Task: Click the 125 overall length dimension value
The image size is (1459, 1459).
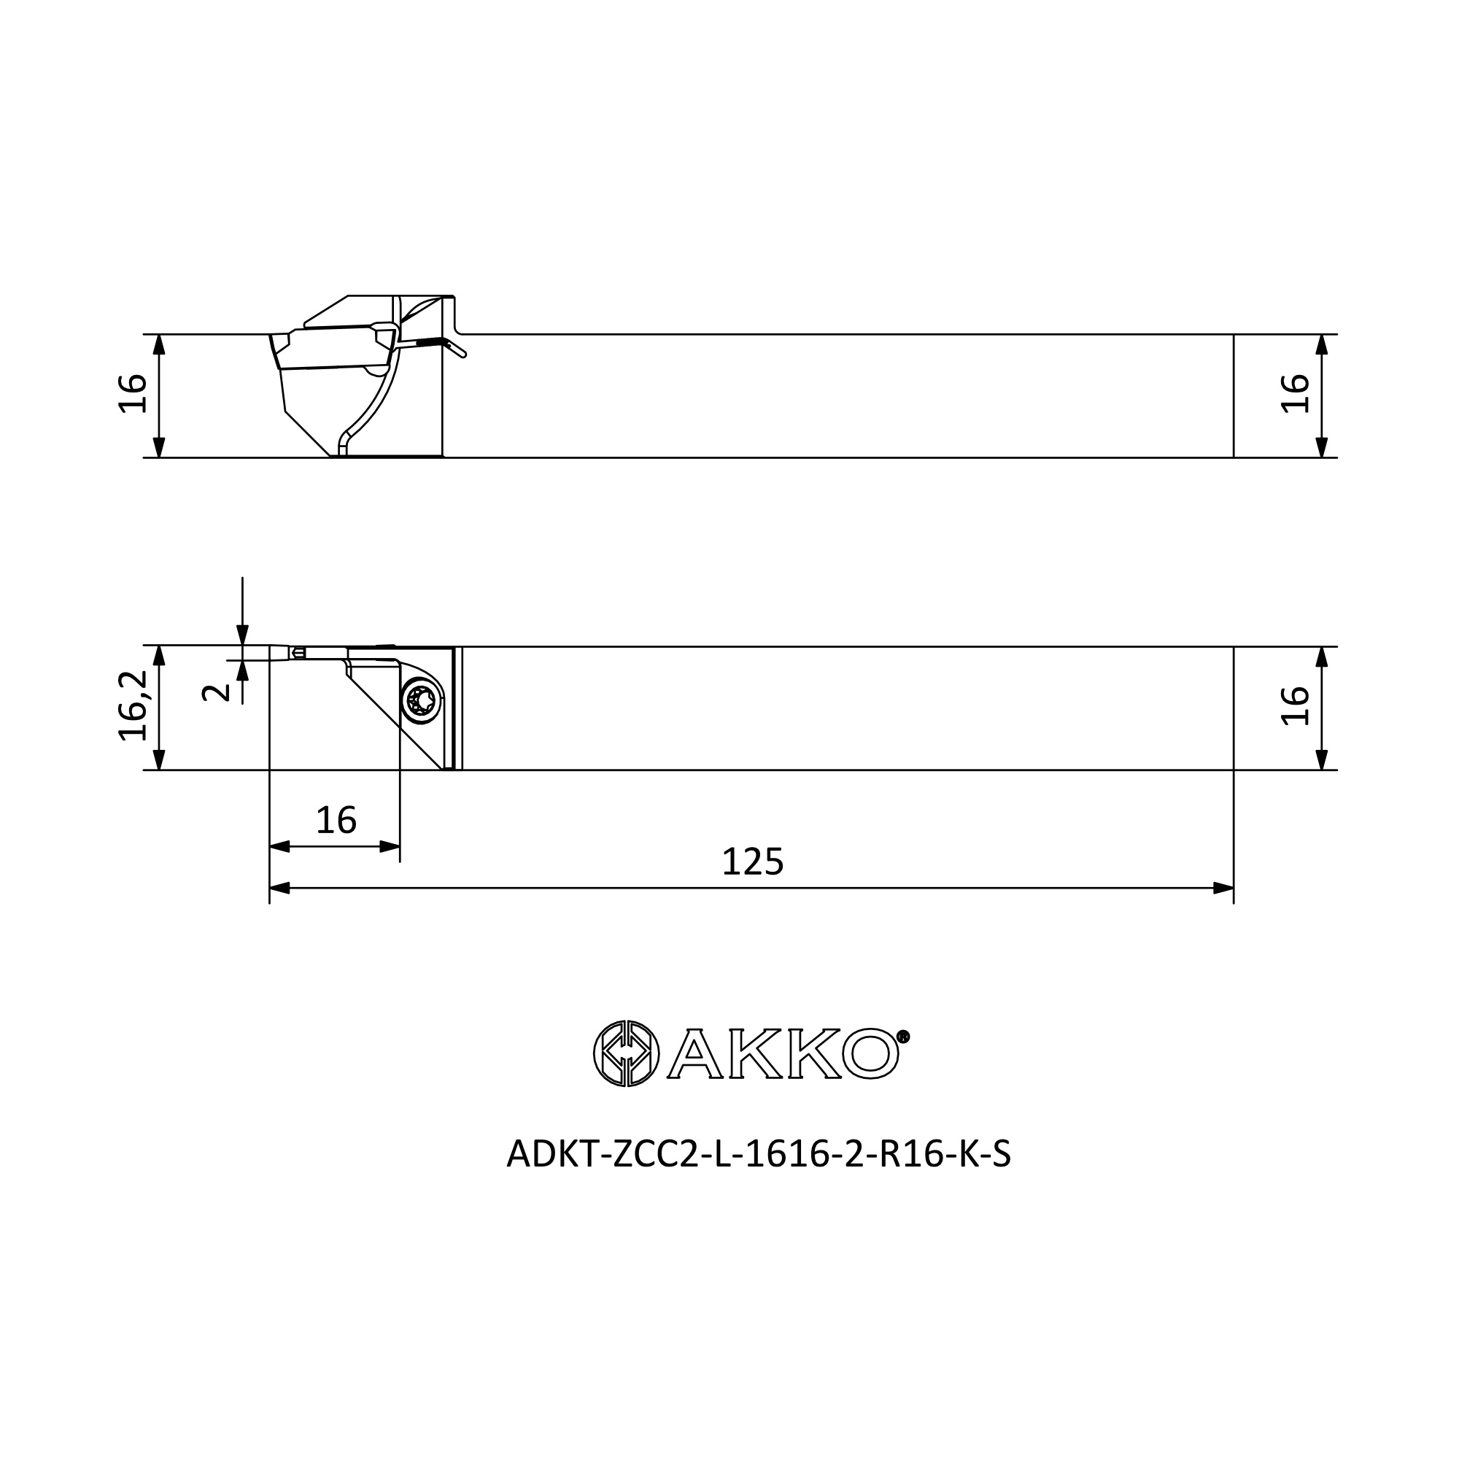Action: (753, 862)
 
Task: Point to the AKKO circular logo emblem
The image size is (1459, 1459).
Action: (626, 1053)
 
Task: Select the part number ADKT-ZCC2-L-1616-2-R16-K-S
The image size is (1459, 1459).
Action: (758, 1154)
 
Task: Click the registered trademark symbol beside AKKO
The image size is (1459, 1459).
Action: (903, 1036)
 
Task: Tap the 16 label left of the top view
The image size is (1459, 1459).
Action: (133, 392)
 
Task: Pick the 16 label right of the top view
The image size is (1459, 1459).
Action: (1295, 392)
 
